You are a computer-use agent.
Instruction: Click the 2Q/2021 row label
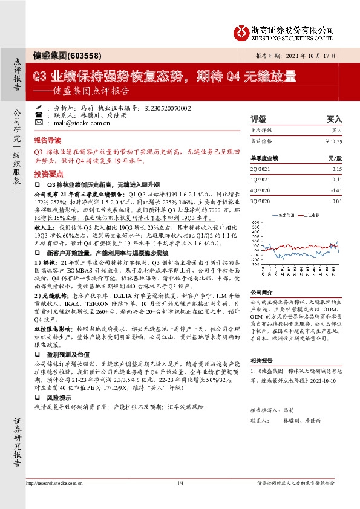261,170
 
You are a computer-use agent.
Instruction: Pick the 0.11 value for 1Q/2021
336,180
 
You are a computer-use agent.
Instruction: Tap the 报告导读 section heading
48,138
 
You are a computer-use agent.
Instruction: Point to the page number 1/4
180,483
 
